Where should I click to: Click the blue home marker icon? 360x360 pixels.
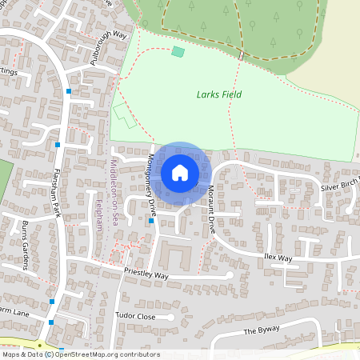[180, 172]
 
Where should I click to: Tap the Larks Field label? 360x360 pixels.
[219, 94]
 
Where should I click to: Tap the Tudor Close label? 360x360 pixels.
[134, 316]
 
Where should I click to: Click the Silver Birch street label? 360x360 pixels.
[339, 186]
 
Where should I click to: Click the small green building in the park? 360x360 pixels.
[178, 52]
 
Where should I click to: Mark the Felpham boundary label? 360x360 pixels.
[99, 216]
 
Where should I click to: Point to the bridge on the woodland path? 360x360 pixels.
[240, 54]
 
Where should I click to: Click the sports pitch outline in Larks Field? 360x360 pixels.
[124, 115]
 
